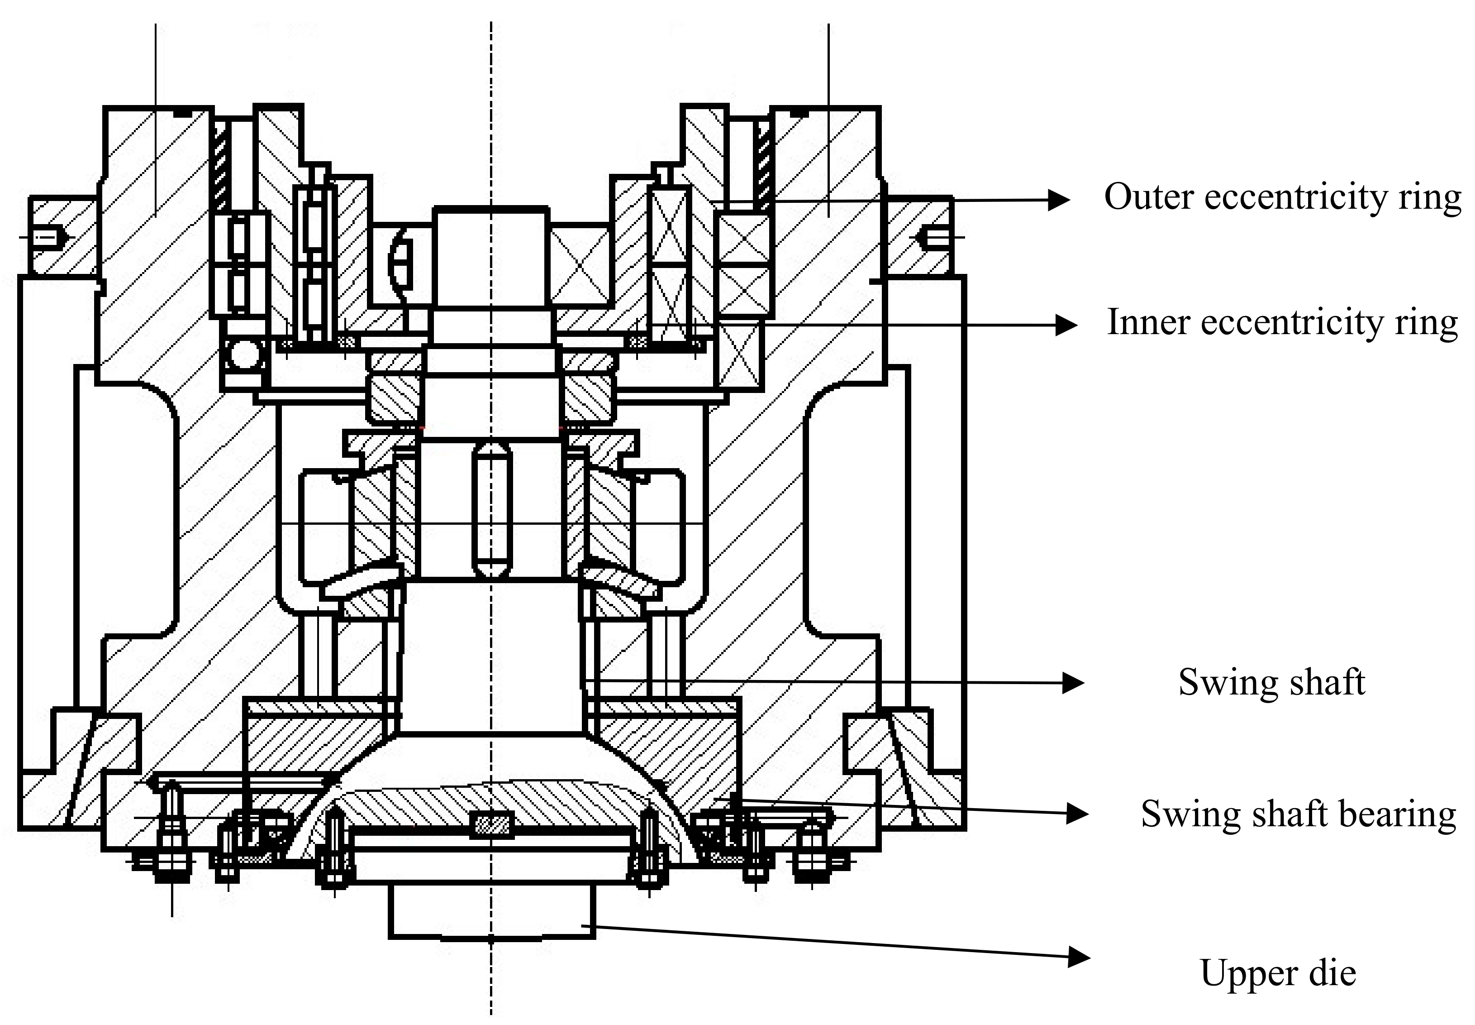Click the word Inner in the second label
tap(1149, 322)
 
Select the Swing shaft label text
tap(1271, 682)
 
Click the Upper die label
tap(1277, 972)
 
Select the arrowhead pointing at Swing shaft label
tap(1073, 683)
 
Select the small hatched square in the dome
tap(492, 824)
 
